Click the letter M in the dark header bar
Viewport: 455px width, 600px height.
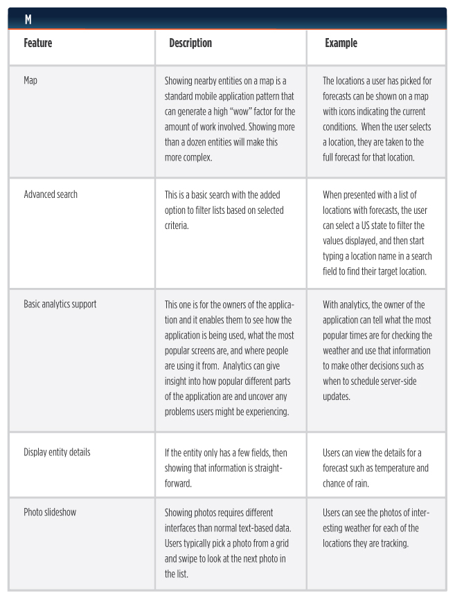pos(28,19)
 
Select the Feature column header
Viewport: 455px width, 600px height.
pos(38,43)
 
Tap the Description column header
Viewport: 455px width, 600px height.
pos(190,43)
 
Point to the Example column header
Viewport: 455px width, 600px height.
pos(341,43)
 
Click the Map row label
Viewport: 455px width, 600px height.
pos(31,80)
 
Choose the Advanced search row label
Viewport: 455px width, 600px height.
pos(51,194)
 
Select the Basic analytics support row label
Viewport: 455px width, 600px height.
pos(60,304)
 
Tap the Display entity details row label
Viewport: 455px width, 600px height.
pos(57,452)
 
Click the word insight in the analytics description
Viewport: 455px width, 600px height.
pos(177,380)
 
